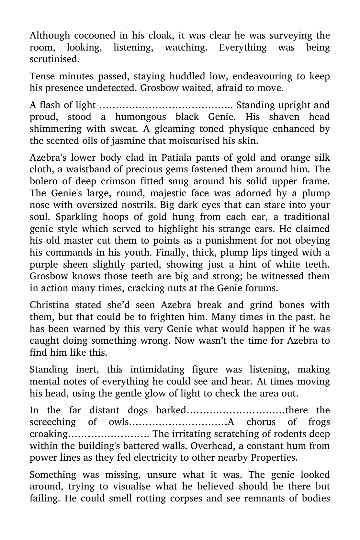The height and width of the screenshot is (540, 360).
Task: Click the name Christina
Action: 49,305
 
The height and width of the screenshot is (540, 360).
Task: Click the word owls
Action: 118,422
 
